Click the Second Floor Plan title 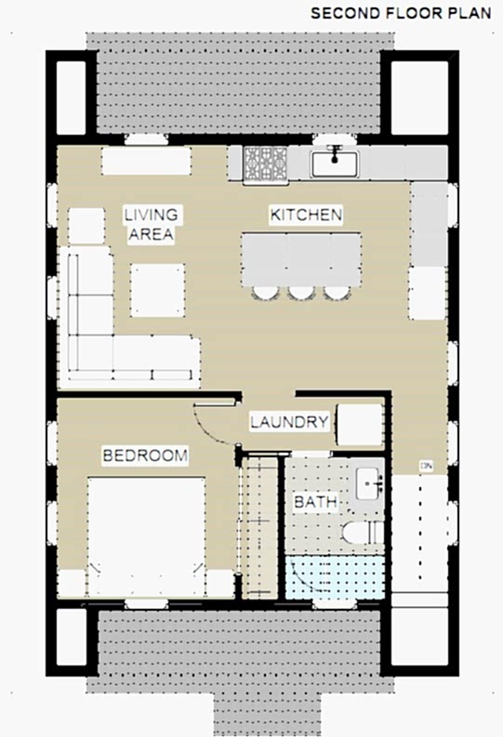click(401, 13)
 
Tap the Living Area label click(151, 224)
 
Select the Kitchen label click(306, 215)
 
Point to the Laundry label click(289, 422)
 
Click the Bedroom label click(145, 455)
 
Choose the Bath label click(315, 502)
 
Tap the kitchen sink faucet click(334, 153)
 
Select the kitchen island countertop click(301, 259)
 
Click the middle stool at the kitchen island click(301, 293)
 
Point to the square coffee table click(157, 290)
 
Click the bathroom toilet click(363, 533)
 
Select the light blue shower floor click(335, 578)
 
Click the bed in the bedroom click(147, 537)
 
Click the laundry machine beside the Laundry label click(360, 425)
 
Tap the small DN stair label click(427, 467)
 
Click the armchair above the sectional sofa click(86, 226)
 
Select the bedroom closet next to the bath click(260, 526)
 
